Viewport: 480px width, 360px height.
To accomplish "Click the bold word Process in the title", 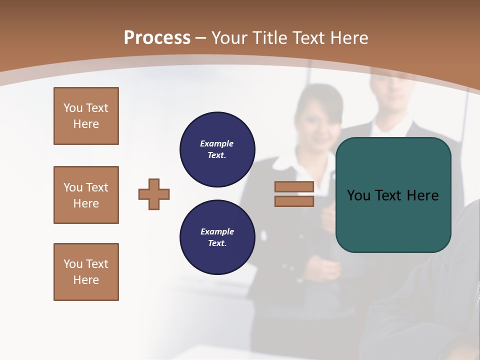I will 157,38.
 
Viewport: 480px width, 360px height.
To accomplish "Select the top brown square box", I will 86,116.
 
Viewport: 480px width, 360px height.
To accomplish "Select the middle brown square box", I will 86,195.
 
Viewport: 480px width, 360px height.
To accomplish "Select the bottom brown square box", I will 86,272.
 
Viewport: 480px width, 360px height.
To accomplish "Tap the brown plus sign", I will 154,194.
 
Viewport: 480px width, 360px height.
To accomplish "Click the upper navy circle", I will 217,149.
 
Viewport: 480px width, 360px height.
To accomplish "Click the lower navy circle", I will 217,237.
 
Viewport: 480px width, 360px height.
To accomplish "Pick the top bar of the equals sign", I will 294,186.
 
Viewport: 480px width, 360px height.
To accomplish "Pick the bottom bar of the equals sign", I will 294,201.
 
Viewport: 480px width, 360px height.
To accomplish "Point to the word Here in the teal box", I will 422,195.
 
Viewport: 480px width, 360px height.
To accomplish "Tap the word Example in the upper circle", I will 217,143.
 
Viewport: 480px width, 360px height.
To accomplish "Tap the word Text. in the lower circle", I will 217,243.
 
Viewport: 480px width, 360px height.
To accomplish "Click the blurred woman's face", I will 317,122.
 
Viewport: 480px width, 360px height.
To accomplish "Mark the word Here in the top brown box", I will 86,124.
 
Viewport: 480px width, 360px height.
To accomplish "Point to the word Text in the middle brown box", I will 96,187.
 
